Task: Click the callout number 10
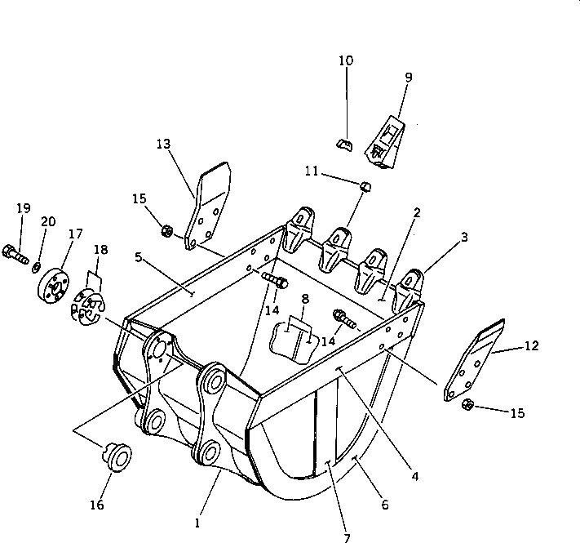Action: click(x=346, y=60)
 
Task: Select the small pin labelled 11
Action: click(x=366, y=186)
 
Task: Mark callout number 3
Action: click(x=463, y=237)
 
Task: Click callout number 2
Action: click(x=417, y=212)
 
